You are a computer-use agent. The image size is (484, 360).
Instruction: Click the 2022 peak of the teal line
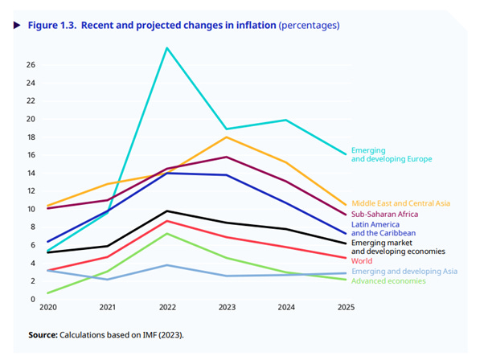tap(166, 48)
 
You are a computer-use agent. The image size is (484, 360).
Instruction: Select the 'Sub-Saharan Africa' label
tap(384, 215)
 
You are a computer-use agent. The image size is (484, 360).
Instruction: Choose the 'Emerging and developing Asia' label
tap(404, 271)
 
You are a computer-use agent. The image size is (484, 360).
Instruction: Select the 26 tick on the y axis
tap(30, 65)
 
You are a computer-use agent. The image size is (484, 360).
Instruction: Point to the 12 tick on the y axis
tap(30, 191)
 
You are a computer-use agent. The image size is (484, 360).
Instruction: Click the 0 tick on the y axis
tap(33, 299)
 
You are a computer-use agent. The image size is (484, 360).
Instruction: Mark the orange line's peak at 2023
tap(228, 137)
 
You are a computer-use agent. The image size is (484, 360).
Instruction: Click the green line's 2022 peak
tap(166, 233)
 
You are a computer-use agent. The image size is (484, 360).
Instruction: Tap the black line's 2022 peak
tap(166, 211)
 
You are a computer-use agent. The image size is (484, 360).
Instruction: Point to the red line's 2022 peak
tap(166, 221)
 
